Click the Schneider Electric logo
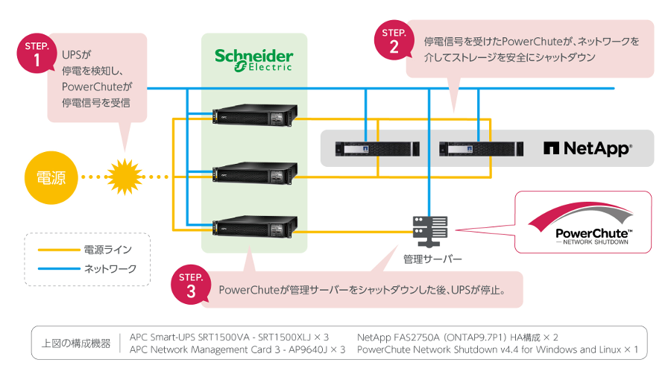pos(253,59)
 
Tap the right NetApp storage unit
pos(476,148)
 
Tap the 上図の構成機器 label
pos(75,344)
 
